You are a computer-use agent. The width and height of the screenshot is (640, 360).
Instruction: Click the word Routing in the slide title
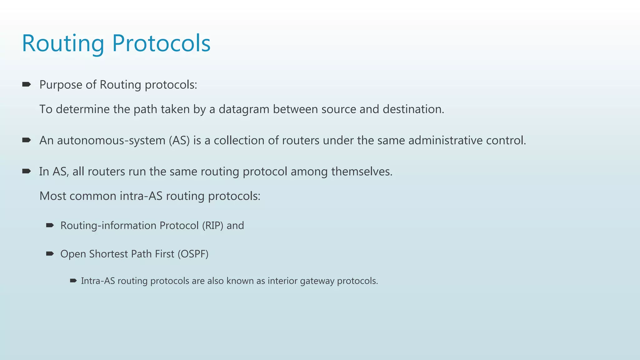click(63, 44)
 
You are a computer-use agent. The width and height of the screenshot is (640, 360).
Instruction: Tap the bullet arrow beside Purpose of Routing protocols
click(26, 84)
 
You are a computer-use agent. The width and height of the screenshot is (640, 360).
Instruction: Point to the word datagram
click(244, 109)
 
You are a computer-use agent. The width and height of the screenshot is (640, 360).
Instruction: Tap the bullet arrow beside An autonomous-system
click(26, 140)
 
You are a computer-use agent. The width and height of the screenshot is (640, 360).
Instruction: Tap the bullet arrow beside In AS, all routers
click(26, 171)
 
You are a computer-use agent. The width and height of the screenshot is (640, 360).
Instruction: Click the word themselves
click(362, 172)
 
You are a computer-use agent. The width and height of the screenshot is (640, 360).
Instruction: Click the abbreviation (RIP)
click(212, 226)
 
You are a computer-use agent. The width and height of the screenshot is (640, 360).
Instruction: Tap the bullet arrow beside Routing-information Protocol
click(50, 225)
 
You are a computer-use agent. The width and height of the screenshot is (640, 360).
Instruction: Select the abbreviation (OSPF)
click(193, 254)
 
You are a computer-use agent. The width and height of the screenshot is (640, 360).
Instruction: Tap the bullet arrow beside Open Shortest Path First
click(50, 253)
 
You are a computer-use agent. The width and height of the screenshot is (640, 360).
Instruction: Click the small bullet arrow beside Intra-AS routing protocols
click(73, 281)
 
